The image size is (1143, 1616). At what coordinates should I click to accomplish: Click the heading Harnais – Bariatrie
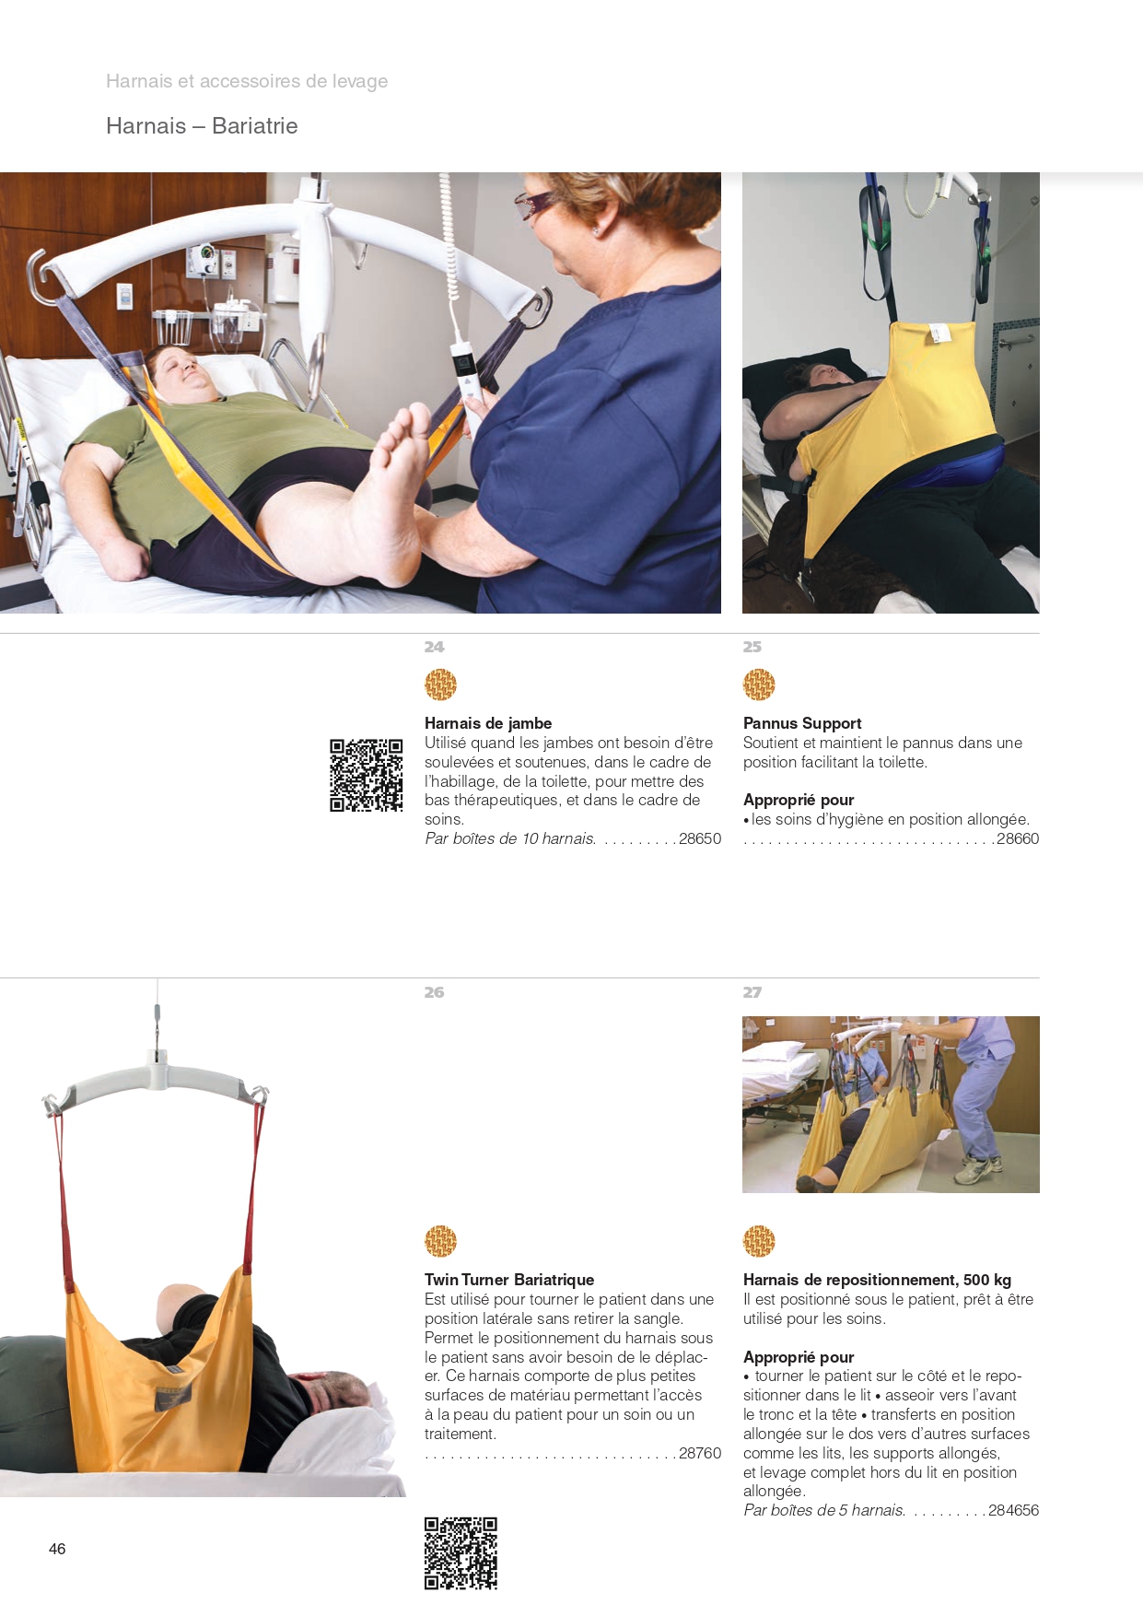click(x=202, y=125)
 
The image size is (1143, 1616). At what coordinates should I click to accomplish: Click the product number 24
click(x=434, y=647)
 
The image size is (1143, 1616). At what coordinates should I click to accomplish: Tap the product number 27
click(x=752, y=992)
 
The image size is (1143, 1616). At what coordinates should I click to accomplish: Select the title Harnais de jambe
click(x=488, y=723)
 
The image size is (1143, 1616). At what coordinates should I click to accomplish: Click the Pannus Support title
click(x=802, y=723)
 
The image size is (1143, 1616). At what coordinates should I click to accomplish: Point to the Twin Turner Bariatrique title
click(x=509, y=1280)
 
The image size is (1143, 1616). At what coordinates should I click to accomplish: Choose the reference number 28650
click(x=700, y=838)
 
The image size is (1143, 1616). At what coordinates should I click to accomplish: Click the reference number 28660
click(x=1018, y=838)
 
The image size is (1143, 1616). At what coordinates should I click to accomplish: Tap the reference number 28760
click(x=700, y=1453)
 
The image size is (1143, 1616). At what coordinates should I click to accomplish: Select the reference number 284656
click(x=1013, y=1510)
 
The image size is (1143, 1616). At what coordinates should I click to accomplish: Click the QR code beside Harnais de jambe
click(x=367, y=775)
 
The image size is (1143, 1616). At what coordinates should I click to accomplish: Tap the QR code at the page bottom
click(x=461, y=1553)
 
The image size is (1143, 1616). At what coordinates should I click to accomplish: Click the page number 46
click(x=57, y=1549)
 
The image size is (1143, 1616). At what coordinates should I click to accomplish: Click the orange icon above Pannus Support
click(x=759, y=685)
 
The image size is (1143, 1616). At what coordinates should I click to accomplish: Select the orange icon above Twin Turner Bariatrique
click(x=441, y=1241)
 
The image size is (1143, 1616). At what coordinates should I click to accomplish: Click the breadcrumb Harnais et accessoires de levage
click(x=247, y=81)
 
